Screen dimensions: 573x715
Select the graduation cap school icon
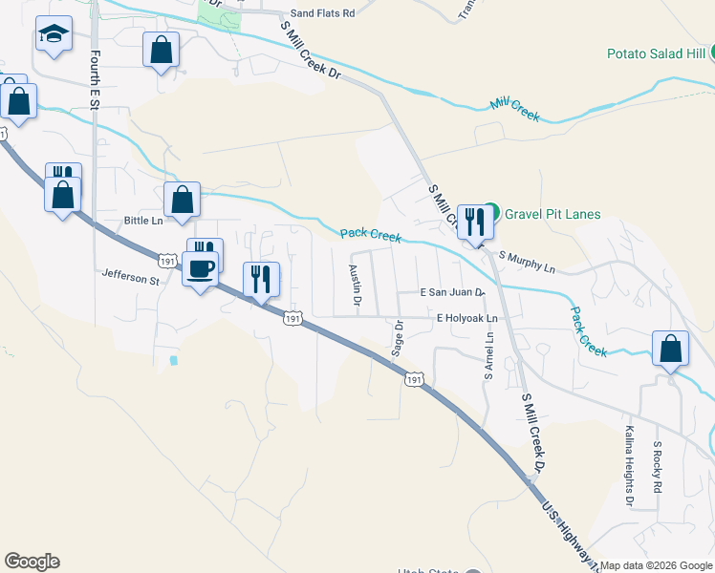[54, 36]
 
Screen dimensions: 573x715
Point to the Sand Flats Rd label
[322, 13]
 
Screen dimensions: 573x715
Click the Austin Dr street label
[355, 285]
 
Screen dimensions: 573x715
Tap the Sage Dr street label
[398, 338]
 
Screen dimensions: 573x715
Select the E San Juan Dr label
[453, 293]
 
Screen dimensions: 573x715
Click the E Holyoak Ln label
[467, 318]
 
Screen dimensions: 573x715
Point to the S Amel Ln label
[488, 355]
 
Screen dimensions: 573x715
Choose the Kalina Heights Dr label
[629, 465]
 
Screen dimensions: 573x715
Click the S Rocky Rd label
[658, 467]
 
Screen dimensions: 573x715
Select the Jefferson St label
[131, 280]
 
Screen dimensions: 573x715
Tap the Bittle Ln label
[144, 221]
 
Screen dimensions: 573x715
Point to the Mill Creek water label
[514, 111]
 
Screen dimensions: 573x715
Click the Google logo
[32, 562]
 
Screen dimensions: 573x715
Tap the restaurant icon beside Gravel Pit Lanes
[473, 222]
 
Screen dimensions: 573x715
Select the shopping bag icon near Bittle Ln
[182, 200]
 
